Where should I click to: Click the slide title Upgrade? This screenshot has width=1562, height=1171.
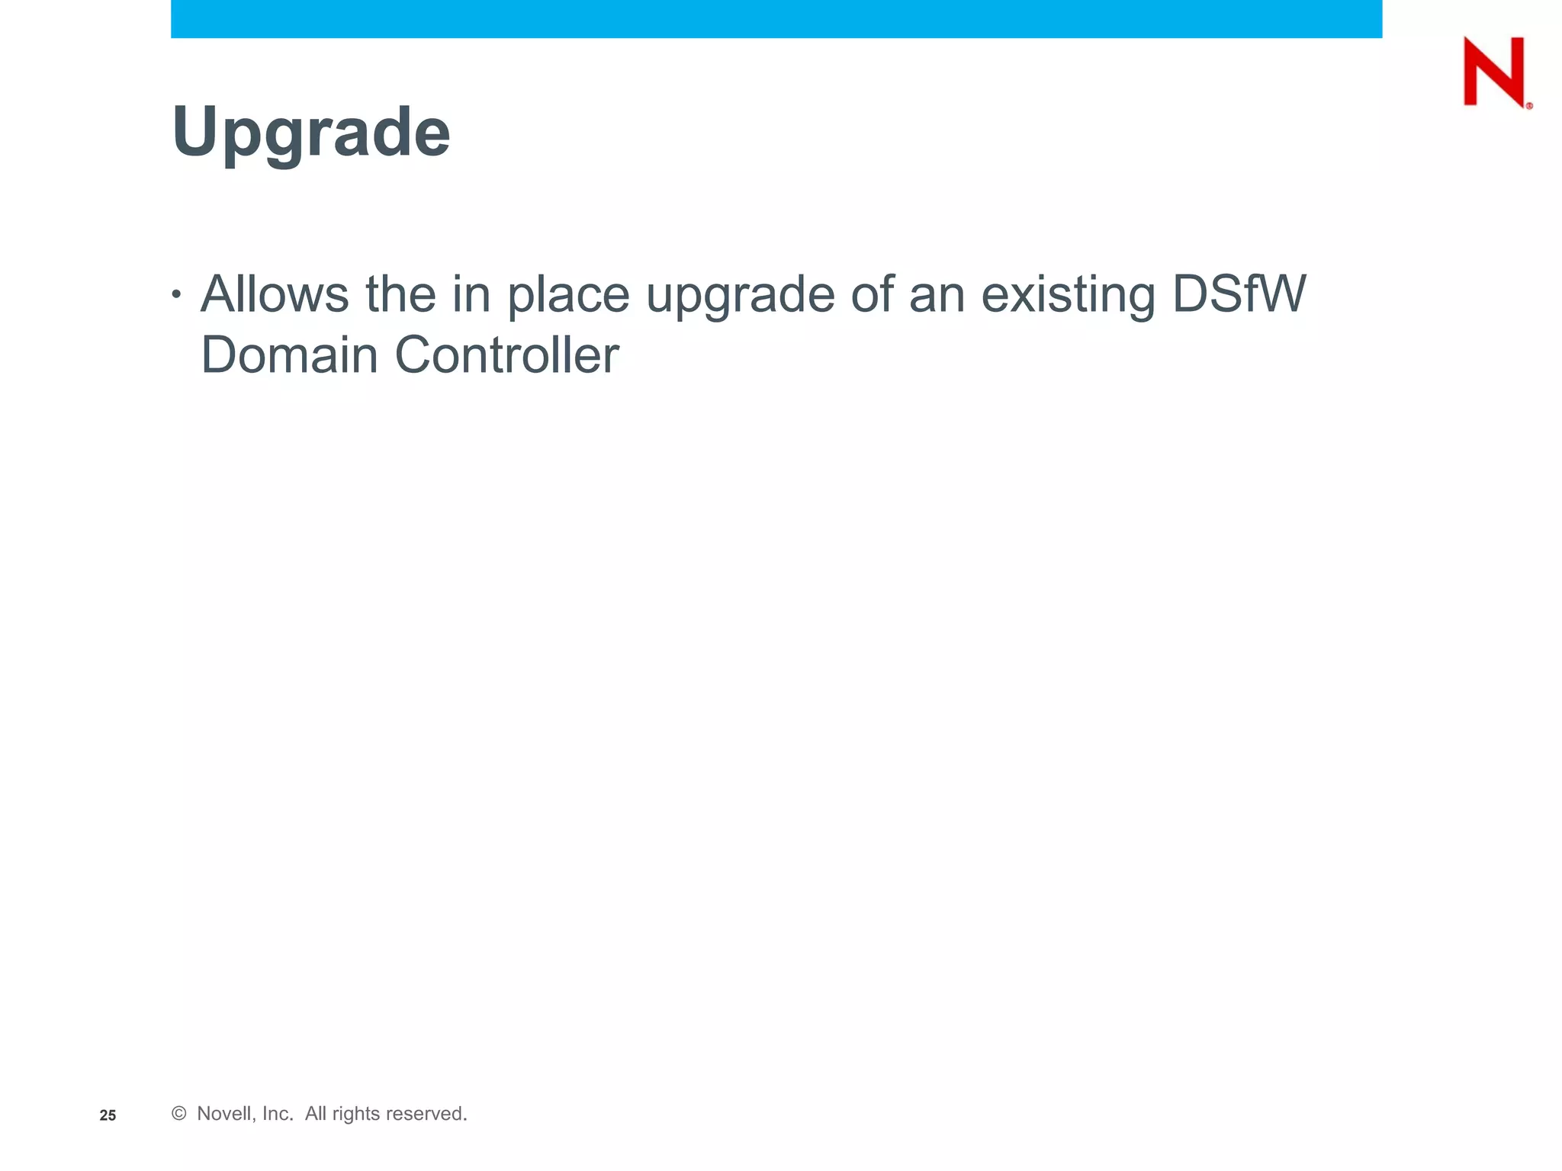[311, 133]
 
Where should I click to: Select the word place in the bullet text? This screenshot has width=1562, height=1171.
[568, 296]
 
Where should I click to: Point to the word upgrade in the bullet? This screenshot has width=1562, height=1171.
[740, 296]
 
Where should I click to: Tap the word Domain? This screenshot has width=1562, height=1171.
[289, 355]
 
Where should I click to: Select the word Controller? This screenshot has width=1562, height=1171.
[506, 355]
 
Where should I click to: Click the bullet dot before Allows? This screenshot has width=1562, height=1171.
[176, 294]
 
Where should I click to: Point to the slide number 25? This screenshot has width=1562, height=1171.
[108, 1115]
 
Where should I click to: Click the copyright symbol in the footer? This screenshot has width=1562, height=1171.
[179, 1114]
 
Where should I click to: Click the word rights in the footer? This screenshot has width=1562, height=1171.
[356, 1114]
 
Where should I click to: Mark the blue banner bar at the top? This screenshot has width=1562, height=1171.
[776, 18]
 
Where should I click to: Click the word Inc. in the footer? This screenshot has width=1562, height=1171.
[278, 1114]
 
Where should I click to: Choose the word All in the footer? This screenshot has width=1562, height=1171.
[316, 1114]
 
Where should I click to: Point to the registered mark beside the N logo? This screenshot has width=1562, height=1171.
[1529, 106]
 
